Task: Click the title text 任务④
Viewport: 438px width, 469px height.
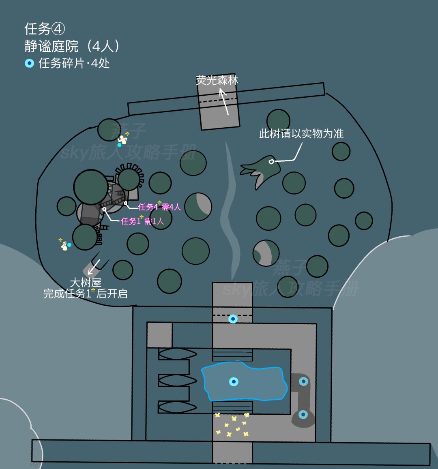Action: (45, 29)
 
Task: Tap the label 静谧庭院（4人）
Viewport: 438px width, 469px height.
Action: (72, 46)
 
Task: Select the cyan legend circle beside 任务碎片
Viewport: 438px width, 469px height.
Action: (29, 63)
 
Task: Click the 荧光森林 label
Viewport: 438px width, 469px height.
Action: (217, 80)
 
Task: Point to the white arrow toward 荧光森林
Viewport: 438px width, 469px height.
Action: (224, 102)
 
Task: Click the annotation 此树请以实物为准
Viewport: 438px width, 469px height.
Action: (301, 133)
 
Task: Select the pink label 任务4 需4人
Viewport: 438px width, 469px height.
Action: (159, 207)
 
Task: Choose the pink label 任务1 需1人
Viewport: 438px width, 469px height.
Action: (142, 221)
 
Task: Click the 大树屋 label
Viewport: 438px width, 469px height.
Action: (86, 283)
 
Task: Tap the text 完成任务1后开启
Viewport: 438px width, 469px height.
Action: (85, 293)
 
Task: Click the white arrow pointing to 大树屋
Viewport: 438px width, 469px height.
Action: (94, 267)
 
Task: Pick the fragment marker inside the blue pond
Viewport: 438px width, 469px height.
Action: (234, 381)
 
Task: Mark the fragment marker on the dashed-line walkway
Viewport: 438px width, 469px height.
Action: (233, 319)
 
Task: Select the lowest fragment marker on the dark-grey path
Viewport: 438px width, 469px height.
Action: (303, 414)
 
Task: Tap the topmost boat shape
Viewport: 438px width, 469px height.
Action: (177, 354)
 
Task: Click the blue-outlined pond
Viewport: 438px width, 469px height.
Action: (244, 381)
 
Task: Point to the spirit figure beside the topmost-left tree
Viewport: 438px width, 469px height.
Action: (122, 139)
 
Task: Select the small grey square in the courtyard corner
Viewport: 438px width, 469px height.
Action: (159, 335)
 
